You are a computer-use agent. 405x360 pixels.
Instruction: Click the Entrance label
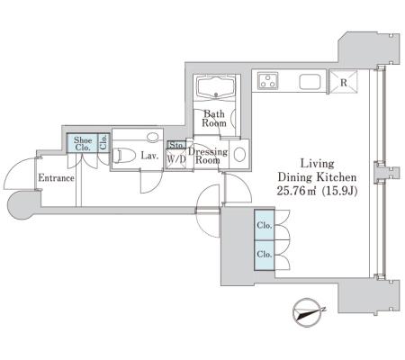[56, 178]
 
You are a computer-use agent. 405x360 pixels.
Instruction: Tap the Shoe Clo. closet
[83, 143]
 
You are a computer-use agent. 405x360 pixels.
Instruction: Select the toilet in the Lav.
[124, 156]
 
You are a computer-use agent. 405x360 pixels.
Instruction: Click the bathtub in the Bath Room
[216, 86]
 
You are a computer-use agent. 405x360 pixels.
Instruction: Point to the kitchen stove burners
[268, 81]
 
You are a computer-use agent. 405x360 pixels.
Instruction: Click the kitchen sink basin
[310, 82]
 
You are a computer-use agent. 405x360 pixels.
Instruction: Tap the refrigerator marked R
[344, 82]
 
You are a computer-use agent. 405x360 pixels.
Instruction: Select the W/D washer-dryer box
[176, 159]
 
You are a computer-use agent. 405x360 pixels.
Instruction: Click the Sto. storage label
[176, 145]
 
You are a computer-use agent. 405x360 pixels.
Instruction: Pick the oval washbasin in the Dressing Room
[239, 155]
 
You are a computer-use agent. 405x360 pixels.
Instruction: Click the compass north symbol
[308, 312]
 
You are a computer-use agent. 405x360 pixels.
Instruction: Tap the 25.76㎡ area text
[297, 191]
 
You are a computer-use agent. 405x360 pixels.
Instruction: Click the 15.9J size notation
[339, 191]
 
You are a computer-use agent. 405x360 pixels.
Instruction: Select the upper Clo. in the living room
[265, 225]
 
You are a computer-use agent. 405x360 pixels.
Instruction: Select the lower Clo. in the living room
[265, 256]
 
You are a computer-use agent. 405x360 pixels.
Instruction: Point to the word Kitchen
[337, 177]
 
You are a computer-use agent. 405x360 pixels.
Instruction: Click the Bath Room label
[214, 119]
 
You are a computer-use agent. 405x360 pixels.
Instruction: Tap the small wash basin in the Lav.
[153, 137]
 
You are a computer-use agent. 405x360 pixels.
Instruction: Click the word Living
[317, 164]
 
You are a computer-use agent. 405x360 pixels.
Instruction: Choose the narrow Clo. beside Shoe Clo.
[103, 143]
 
